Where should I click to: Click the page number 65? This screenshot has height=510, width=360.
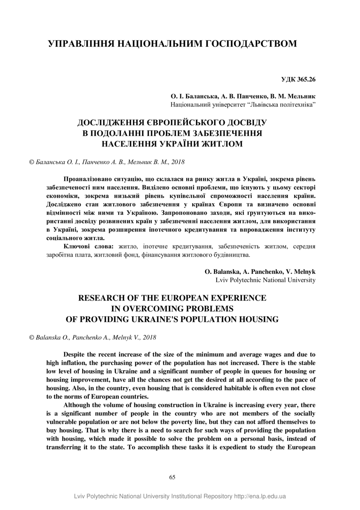click(x=172, y=477)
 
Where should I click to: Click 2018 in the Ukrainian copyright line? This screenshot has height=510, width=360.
click(x=178, y=162)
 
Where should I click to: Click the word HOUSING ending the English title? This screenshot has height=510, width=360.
click(x=259, y=319)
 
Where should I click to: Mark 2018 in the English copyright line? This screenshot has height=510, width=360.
click(x=149, y=337)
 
